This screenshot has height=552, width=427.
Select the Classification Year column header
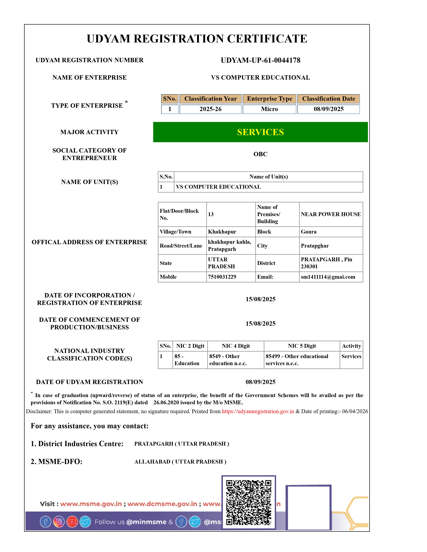pyautogui.click(x=210, y=99)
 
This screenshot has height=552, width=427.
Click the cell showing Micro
pyautogui.click(x=269, y=109)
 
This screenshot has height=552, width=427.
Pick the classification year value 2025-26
pyautogui.click(x=210, y=109)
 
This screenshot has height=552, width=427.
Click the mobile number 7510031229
pyautogui.click(x=222, y=277)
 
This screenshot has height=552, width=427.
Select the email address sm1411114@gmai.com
pyautogui.click(x=328, y=277)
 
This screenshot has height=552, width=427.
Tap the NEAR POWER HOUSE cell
pyautogui.click(x=331, y=214)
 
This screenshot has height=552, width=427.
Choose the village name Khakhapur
pyautogui.click(x=222, y=232)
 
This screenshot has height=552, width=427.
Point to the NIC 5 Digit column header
pyautogui.click(x=302, y=346)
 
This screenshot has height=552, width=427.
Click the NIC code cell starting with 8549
pyautogui.click(x=228, y=360)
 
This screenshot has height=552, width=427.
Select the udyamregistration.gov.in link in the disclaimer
pyautogui.click(x=258, y=411)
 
